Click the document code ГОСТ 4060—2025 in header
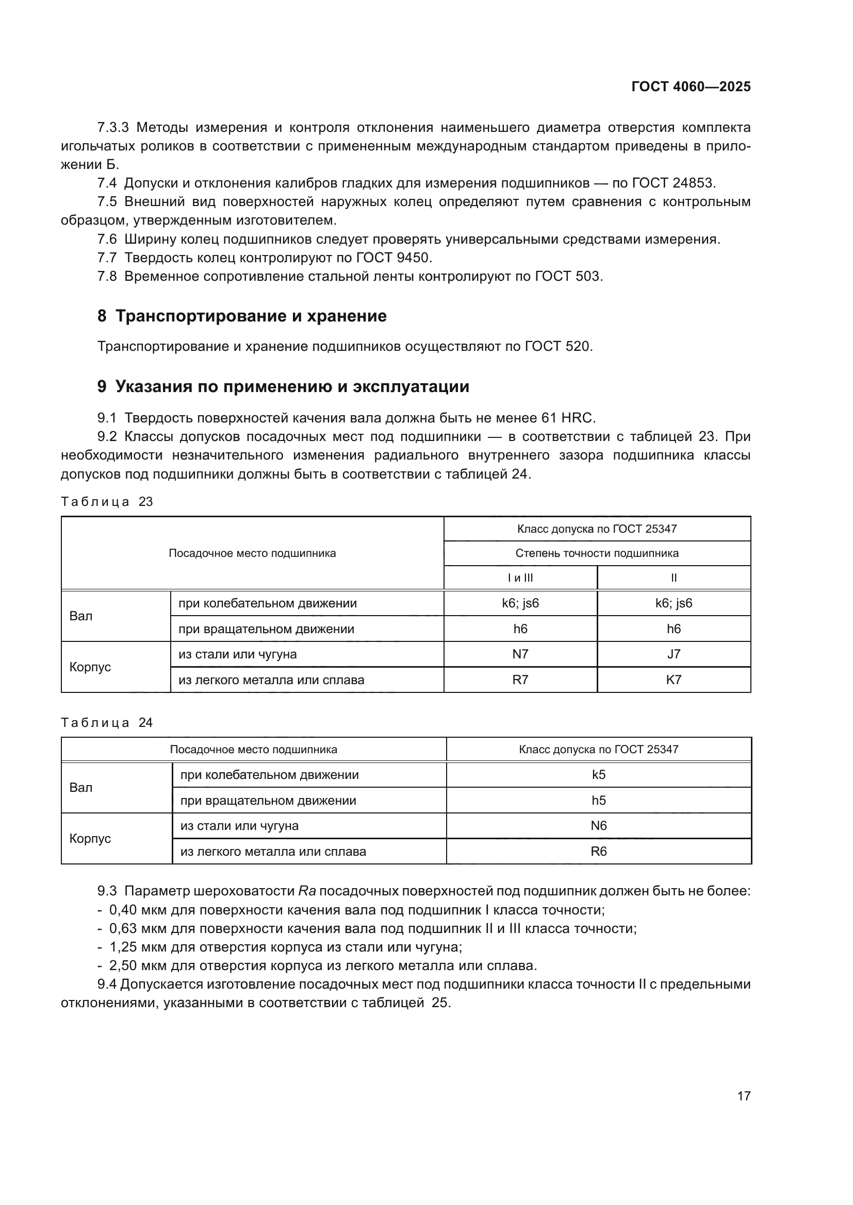(691, 87)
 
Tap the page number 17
(744, 1096)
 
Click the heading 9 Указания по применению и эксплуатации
(283, 387)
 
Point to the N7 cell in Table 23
(520, 654)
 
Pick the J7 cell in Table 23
(674, 654)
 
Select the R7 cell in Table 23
(520, 680)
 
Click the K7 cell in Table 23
(674, 680)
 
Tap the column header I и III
(520, 578)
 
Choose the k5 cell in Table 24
(599, 775)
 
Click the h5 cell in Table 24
(599, 801)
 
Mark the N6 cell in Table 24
(599, 825)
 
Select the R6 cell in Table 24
(599, 851)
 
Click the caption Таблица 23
(107, 502)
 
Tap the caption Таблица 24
(107, 723)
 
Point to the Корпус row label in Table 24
(90, 838)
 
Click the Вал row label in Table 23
(81, 616)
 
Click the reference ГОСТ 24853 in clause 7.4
(674, 183)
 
